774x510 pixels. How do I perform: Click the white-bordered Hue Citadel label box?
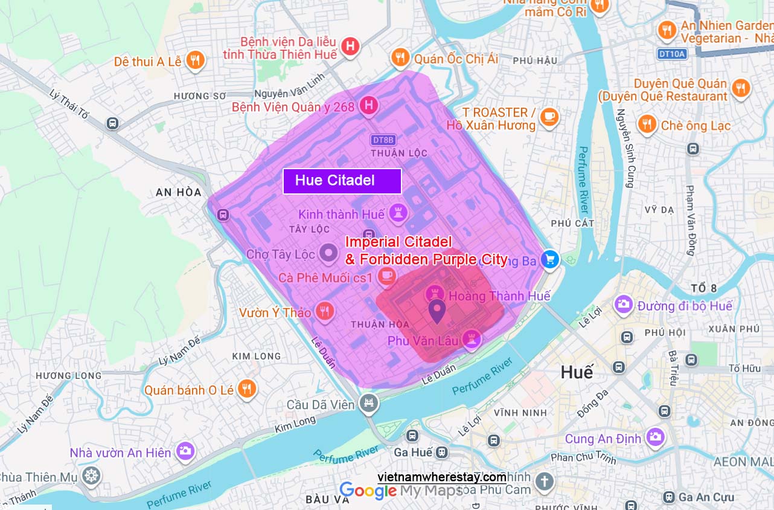[x=342, y=181]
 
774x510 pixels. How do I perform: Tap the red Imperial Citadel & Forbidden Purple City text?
[x=426, y=251]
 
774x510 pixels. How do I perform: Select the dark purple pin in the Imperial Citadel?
[x=437, y=311]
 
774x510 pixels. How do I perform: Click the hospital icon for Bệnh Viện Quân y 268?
[x=368, y=106]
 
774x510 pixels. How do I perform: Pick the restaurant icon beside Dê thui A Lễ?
[x=194, y=60]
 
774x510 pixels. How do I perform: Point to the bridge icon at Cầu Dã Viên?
[x=368, y=403]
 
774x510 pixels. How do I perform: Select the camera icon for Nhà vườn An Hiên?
[x=185, y=451]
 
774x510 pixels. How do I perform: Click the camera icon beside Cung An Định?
[x=655, y=437]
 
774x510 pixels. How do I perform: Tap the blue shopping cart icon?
[x=550, y=260]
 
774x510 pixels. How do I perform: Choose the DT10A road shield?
[x=671, y=54]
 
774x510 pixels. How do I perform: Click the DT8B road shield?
[x=383, y=140]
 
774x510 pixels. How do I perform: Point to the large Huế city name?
[x=577, y=372]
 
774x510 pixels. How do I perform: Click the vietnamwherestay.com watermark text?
[x=442, y=477]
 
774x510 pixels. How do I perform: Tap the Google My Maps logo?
[x=400, y=491]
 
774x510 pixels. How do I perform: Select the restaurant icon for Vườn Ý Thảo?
[x=325, y=311]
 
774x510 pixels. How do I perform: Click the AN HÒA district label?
[x=178, y=192]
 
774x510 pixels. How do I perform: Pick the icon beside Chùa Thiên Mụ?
[x=91, y=476]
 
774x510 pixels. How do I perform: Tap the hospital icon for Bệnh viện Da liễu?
[x=350, y=46]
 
